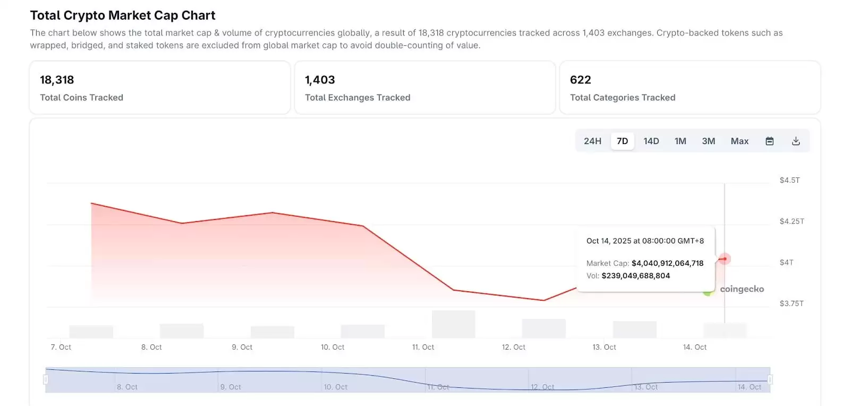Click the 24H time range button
coord(592,141)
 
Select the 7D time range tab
coord(622,141)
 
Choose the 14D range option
coord(651,141)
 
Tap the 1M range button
coord(680,141)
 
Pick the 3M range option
coord(708,141)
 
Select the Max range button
coord(739,141)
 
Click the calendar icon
coord(769,141)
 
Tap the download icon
coord(795,141)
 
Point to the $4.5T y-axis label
coord(789,181)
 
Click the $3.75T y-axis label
coord(791,303)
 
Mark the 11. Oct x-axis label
coord(423,347)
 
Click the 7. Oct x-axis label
coord(61,347)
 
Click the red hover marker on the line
coord(724,259)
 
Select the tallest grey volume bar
coord(453,324)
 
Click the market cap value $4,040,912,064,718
coord(667,263)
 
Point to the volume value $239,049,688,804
coord(635,276)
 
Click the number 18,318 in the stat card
coord(57,80)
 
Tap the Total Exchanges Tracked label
coord(358,98)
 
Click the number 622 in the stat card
coord(580,80)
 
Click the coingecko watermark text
coord(742,289)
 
